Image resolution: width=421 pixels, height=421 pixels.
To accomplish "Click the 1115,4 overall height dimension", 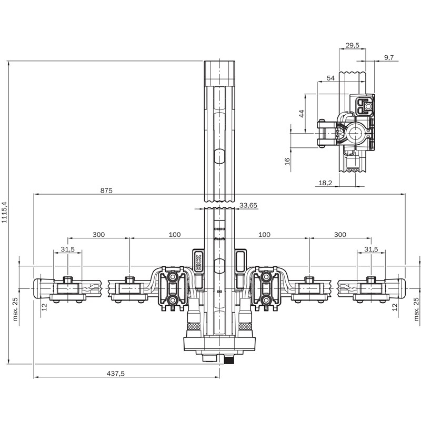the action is pos(4,213).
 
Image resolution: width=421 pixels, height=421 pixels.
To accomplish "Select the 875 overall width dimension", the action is pos(106,191).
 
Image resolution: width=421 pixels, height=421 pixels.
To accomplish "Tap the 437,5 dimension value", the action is pos(116,374).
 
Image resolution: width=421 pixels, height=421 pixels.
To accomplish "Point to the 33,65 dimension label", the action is pos(248,205).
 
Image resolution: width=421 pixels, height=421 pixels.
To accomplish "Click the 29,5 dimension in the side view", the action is pos(352,45).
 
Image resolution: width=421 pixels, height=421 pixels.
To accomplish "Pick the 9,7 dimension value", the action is pos(388,57).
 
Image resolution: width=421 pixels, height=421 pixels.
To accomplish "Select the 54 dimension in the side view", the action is pos(330,78).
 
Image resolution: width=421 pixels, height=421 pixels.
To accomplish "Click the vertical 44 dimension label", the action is pos(302,114).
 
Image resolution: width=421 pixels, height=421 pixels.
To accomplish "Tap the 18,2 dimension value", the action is pos(325,183).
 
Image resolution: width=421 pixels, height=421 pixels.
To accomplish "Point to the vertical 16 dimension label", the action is pos(287,162).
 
